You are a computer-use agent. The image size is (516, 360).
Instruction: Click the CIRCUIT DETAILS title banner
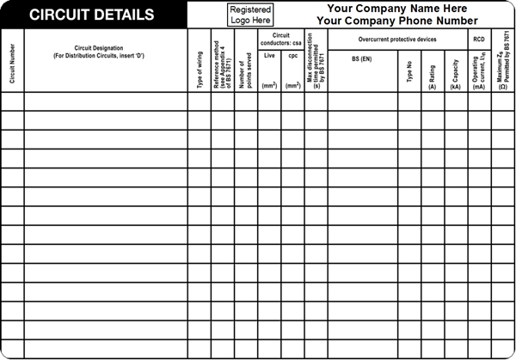click(93, 15)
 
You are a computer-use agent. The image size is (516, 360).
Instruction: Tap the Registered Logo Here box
click(250, 15)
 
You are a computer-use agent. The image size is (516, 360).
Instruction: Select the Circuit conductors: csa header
click(280, 38)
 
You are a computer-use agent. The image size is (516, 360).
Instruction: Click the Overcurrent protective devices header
click(396, 39)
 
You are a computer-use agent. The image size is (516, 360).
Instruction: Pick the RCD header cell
click(479, 39)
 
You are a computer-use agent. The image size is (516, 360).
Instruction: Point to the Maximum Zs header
click(503, 60)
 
